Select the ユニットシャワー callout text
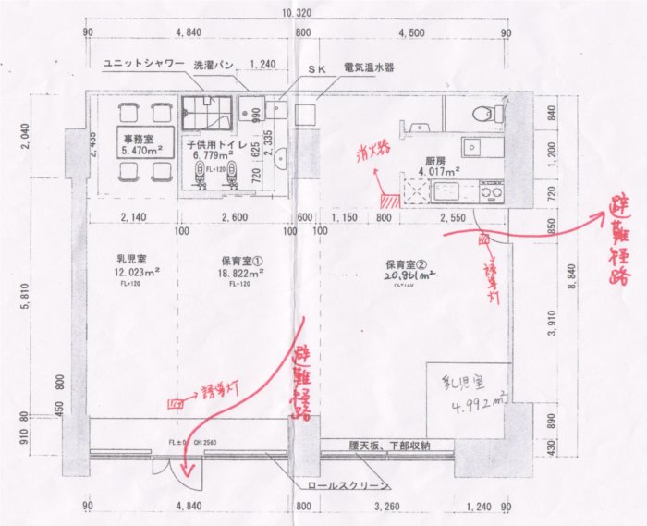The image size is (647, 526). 134,67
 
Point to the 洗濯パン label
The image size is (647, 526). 213,67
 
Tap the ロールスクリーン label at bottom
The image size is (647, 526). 345,483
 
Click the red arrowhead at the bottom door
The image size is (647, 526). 189,474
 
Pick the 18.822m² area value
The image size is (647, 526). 243,274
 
